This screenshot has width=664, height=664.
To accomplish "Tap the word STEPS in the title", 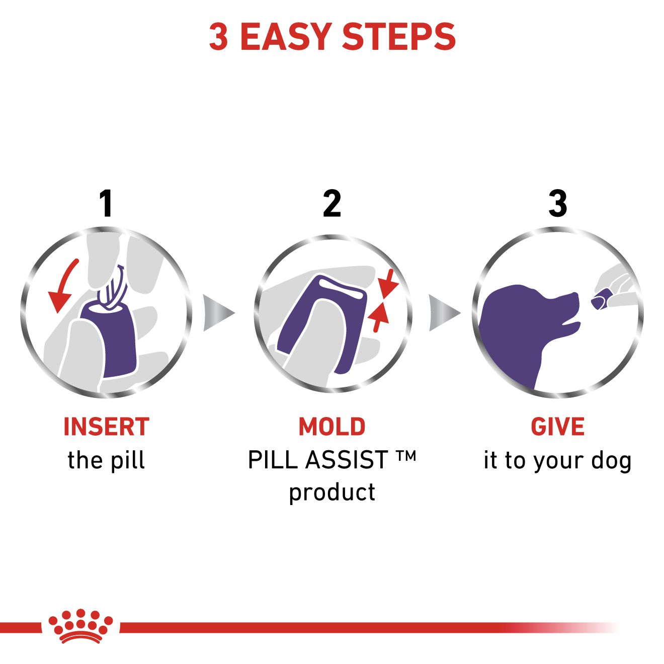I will [x=398, y=37].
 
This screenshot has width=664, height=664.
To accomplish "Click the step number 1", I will [x=106, y=204].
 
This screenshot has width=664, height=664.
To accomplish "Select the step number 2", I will [x=332, y=204].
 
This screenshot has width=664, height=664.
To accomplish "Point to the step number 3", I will [x=557, y=204].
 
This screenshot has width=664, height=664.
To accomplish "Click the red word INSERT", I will [x=106, y=427].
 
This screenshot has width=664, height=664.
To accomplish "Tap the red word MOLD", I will [x=332, y=427].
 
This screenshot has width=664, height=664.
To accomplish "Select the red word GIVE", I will [x=557, y=427].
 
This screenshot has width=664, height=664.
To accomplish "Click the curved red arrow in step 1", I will [x=63, y=287].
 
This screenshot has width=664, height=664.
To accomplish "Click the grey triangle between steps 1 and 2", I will [x=217, y=313].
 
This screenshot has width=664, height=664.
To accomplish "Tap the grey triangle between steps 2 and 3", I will [x=443, y=313].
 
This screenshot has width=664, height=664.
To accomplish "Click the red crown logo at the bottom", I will [x=80, y=626].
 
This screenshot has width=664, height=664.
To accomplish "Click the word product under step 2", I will [x=332, y=492].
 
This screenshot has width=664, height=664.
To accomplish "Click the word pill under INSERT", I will [x=128, y=460].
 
